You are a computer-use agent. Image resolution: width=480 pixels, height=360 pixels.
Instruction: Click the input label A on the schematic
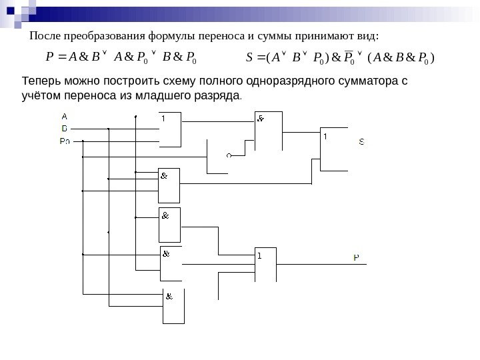[65, 115]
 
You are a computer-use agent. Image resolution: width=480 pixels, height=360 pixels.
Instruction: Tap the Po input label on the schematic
[65, 141]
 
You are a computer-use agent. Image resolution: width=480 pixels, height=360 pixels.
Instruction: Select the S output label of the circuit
[361, 141]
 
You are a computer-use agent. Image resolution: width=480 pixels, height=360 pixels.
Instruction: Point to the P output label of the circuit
[357, 257]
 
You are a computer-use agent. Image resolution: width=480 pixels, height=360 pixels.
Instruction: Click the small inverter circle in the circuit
[228, 155]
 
